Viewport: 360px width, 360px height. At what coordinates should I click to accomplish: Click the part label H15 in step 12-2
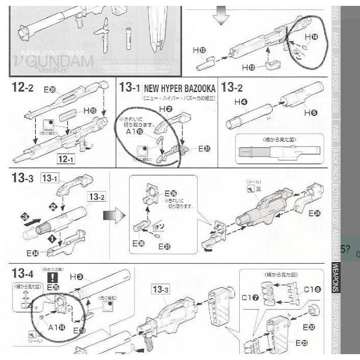tap(89, 110)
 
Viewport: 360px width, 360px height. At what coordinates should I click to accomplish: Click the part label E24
tap(317, 213)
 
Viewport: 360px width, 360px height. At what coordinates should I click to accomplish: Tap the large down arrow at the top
tap(220, 17)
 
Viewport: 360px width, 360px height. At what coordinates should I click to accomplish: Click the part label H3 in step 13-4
tap(76, 276)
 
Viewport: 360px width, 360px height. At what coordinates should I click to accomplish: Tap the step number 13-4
tap(22, 273)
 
